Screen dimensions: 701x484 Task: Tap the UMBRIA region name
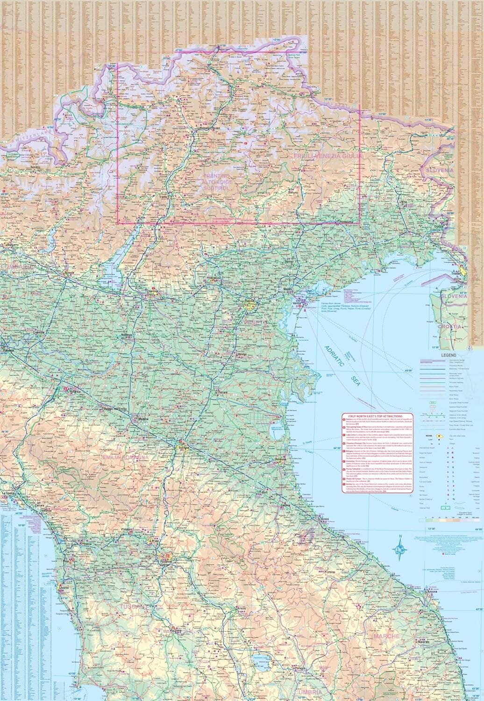[309, 691]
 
